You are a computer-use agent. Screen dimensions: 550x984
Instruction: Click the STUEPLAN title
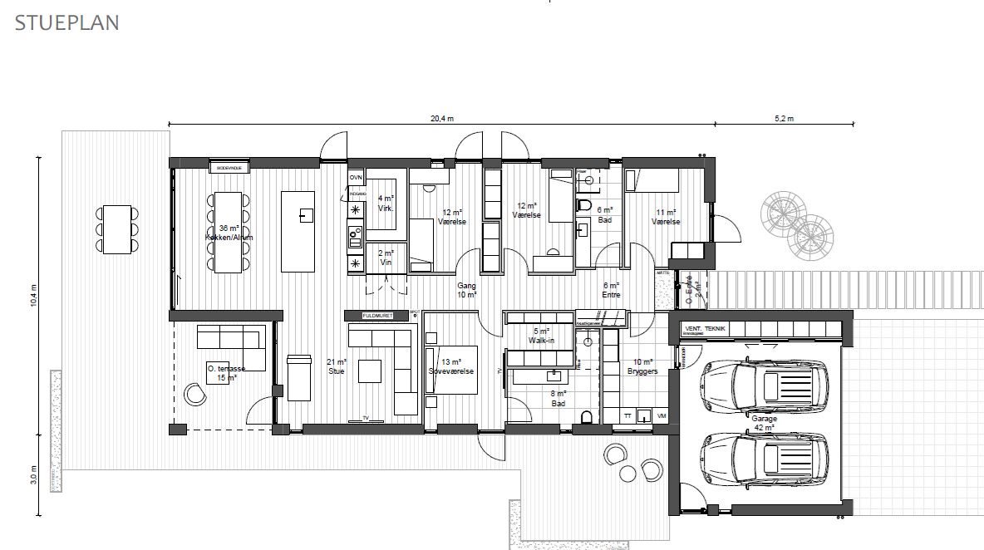67,22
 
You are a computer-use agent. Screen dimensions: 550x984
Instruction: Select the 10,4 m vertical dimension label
33,296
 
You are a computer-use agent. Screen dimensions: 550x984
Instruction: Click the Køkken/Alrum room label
229,238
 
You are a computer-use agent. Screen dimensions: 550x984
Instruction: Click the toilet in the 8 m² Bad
587,416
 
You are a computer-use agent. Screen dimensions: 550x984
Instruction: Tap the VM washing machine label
662,415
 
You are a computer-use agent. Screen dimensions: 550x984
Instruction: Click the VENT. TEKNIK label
705,330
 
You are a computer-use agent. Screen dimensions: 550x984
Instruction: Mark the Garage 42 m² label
765,424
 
